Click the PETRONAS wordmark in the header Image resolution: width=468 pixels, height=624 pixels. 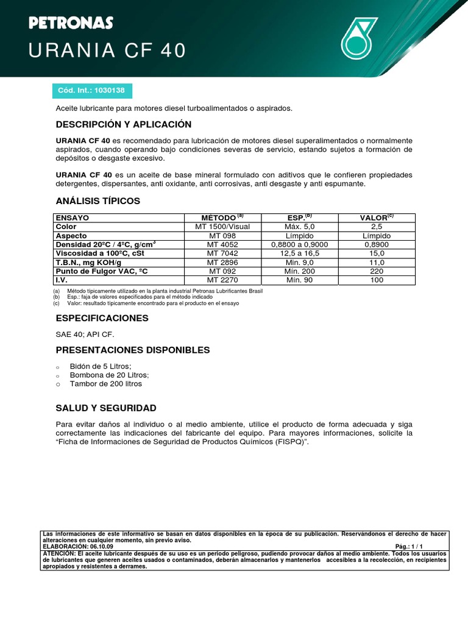71,23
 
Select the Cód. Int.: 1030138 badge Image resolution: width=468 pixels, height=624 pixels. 91,90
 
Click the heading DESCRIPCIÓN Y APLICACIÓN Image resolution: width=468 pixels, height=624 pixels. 124,124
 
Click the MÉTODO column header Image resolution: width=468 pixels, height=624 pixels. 222,218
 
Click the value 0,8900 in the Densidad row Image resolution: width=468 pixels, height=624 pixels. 377,244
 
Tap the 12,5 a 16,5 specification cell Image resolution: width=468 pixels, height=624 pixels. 299,253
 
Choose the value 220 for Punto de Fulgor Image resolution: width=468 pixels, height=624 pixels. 377,271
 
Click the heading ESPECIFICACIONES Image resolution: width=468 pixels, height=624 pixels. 102,318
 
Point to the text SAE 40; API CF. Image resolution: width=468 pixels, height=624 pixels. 85,335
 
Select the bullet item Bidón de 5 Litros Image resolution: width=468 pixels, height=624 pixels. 101,366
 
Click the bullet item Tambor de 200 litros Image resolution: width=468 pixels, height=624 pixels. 105,384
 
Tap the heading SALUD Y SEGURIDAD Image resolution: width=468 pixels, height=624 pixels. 106,408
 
